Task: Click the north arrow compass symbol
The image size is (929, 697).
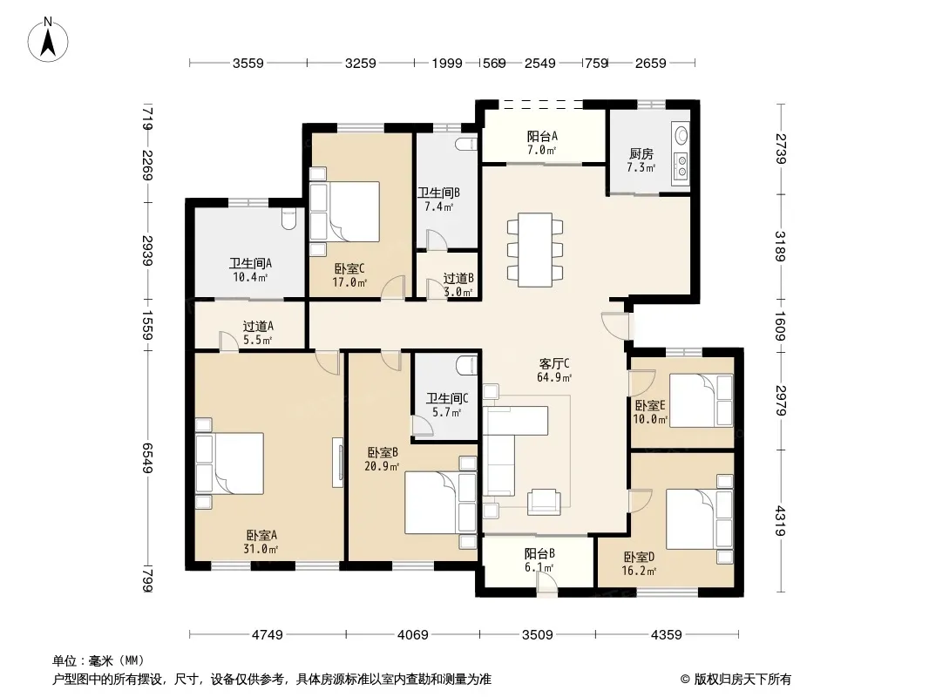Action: (48, 39)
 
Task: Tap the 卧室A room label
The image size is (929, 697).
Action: (261, 535)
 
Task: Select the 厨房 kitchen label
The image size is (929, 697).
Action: (641, 154)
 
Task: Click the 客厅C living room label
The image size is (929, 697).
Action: (554, 363)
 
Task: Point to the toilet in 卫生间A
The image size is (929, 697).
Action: (288, 219)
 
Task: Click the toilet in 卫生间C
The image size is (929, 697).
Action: (467, 365)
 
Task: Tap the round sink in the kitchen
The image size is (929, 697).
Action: (681, 136)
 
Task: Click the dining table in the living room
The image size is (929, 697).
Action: (535, 250)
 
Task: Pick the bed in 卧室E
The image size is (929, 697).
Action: (702, 400)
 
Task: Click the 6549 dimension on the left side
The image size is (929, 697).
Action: (147, 458)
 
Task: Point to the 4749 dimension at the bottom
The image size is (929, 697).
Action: (268, 635)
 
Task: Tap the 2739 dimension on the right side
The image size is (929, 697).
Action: (781, 149)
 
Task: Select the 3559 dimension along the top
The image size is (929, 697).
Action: (248, 63)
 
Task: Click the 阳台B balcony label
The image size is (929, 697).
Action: (539, 554)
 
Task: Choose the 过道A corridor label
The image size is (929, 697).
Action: (258, 327)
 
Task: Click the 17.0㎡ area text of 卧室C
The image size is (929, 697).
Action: (349, 282)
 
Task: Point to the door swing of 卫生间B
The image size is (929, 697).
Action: (437, 239)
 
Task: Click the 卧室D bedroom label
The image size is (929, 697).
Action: (639, 558)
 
